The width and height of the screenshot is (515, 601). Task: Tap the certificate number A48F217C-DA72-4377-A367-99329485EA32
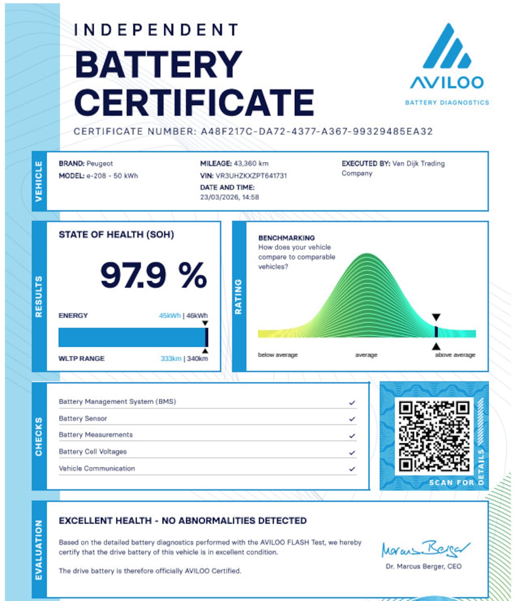(x=317, y=132)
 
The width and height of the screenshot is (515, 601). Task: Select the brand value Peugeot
(x=99, y=163)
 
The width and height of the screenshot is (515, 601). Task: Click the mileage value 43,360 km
(x=251, y=163)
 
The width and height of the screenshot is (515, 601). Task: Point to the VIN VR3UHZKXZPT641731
(x=251, y=175)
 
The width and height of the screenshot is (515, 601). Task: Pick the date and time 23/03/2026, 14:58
(x=229, y=197)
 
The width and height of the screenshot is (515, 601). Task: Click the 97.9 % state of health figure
(x=153, y=275)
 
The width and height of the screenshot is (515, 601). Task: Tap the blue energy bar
(x=132, y=337)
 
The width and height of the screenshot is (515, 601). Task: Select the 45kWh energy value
(x=169, y=315)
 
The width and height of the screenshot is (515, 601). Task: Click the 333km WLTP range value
(x=171, y=358)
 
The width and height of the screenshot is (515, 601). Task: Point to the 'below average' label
(x=278, y=355)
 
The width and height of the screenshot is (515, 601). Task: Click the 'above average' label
(x=455, y=355)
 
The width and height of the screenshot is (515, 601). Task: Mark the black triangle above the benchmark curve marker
(x=436, y=317)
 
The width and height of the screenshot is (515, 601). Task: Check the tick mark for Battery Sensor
(x=352, y=419)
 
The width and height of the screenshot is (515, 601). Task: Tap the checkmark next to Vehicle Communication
(x=352, y=469)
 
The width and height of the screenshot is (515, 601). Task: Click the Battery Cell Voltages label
(x=93, y=451)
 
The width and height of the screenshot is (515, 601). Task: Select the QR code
(x=434, y=435)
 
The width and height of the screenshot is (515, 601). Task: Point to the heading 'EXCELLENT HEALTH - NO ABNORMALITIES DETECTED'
(x=182, y=521)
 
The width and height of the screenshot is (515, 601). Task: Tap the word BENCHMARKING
(x=286, y=238)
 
